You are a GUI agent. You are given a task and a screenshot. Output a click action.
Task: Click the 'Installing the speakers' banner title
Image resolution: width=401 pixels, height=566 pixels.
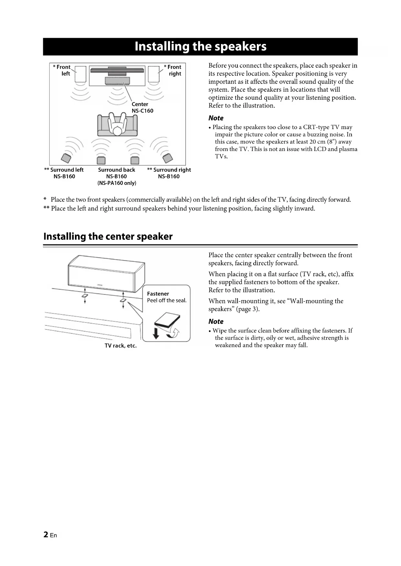pos(200,46)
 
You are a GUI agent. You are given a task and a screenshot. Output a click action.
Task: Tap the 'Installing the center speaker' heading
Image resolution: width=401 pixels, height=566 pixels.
pos(108,237)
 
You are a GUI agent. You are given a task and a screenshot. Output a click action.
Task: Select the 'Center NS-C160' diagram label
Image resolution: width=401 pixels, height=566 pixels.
pos(142,107)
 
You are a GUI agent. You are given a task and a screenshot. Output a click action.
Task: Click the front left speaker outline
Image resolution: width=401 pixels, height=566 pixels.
pos(80,74)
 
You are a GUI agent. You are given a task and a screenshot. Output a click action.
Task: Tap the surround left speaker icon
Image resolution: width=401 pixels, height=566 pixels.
pos(66,158)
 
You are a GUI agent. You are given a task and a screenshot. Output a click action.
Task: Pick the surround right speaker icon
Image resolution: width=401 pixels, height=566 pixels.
pos(168,158)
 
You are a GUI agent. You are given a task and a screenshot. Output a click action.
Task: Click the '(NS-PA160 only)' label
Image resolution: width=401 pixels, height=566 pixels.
pos(117,183)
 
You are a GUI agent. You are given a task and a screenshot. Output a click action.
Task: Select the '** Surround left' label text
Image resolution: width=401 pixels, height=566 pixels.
pos(64,170)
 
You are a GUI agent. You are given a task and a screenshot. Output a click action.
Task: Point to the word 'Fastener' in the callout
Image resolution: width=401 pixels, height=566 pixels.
pos(158,294)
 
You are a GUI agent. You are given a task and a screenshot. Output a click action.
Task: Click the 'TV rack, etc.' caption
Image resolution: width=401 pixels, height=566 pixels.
pos(121,346)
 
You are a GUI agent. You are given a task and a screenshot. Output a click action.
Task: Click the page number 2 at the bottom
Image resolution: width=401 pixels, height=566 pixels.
pos(46,535)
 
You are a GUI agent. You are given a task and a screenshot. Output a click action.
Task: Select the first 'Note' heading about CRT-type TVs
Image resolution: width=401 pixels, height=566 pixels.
pos(216,118)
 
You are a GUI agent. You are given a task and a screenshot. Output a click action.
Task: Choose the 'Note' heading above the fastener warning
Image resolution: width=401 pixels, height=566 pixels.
pos(216,321)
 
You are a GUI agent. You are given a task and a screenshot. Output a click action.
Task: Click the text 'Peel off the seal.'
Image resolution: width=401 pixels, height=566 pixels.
pos(167,300)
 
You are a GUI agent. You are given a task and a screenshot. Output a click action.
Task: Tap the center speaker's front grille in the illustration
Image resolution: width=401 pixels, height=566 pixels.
pos(105,276)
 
